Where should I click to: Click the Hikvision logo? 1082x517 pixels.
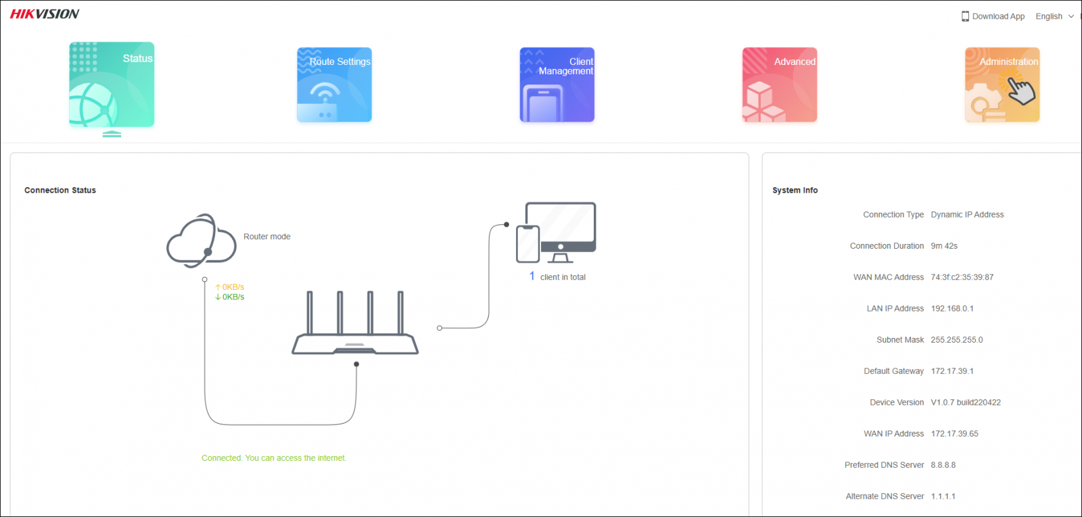[x=45, y=14]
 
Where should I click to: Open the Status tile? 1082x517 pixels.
[x=112, y=84]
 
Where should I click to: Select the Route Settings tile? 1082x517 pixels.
[x=334, y=84]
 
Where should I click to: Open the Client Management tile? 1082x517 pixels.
[x=557, y=84]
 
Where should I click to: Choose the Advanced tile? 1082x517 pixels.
[x=779, y=84]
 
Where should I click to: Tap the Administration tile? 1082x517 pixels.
[x=1002, y=84]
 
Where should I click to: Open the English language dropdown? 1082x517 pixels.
[x=1054, y=16]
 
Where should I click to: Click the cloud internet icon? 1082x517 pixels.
[x=201, y=241]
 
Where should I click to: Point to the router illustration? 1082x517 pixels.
[x=355, y=324]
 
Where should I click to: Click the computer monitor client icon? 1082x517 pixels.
[x=561, y=230]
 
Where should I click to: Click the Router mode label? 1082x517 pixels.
[x=266, y=237]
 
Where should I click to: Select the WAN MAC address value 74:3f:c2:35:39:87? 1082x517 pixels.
[x=962, y=277]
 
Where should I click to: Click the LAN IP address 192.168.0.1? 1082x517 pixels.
[x=951, y=309]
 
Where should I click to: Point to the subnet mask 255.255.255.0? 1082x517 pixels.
[x=956, y=340]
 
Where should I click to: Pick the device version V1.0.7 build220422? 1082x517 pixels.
[x=965, y=403]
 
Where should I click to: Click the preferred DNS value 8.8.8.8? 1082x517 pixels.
[x=943, y=465]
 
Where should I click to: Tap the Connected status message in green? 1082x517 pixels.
[x=274, y=458]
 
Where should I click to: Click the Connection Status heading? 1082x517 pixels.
[x=60, y=191]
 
